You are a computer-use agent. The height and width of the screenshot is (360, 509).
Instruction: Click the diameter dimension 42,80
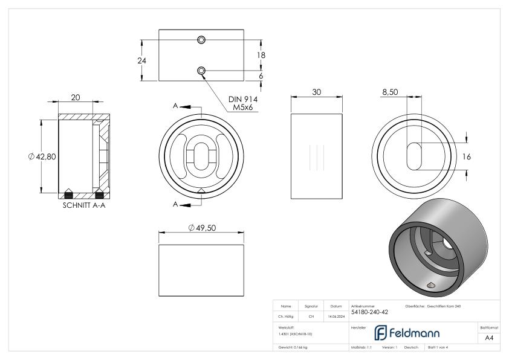pos(42,156)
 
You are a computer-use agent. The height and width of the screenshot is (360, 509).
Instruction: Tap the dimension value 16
pos(466,156)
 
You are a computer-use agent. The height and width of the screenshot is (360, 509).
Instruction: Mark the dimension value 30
pos(316,92)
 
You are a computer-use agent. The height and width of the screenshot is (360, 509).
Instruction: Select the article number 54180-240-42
pos(369,312)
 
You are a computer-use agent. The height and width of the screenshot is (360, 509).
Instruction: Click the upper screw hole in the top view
pos(202,39)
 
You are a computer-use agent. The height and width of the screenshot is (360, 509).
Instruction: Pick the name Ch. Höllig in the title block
pos(286,316)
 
